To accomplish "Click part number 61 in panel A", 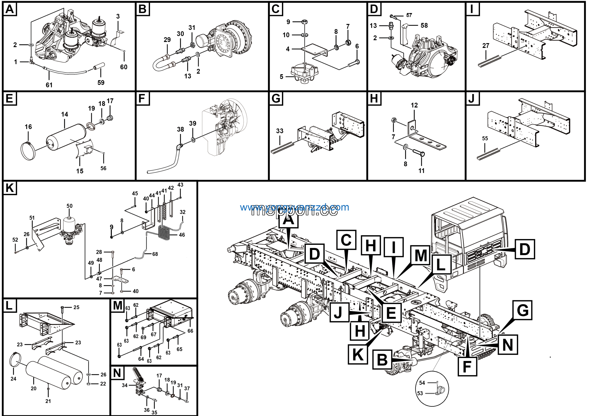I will click(x=49, y=85).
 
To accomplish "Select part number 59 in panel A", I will click(x=101, y=83).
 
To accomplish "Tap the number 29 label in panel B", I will click(x=167, y=40).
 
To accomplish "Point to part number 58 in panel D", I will click(x=424, y=25).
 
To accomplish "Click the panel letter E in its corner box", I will click(x=9, y=98).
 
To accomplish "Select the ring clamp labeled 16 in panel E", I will click(x=28, y=152).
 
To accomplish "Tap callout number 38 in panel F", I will click(x=180, y=129).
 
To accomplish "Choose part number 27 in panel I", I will click(x=486, y=46).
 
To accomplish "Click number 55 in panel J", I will click(x=485, y=139).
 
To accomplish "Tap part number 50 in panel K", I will click(x=69, y=206).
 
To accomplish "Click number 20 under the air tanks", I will click(x=34, y=389).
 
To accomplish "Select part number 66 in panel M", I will click(x=190, y=331).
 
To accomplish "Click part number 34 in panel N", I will click(x=125, y=385).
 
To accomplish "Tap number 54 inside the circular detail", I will click(x=422, y=383).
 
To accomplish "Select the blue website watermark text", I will click(x=294, y=207).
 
